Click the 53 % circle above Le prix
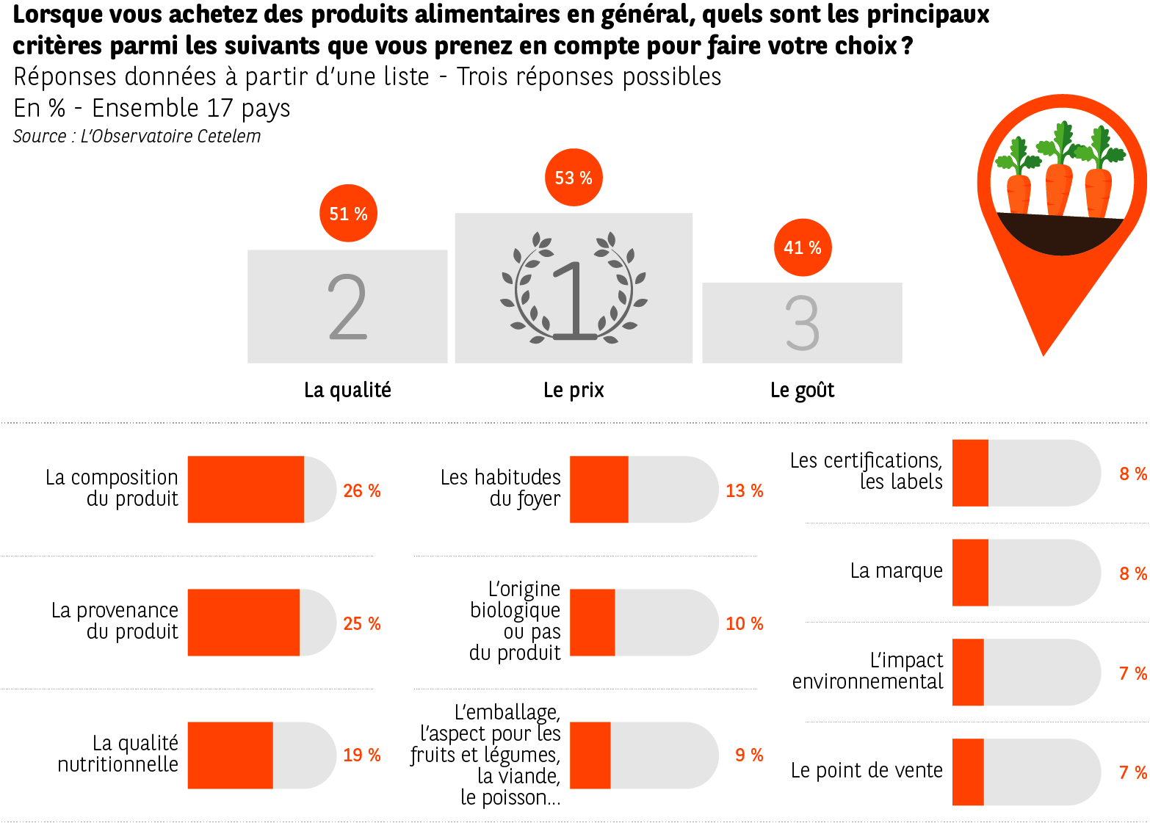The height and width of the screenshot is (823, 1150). click(574, 178)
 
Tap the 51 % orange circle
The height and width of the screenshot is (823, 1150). click(348, 214)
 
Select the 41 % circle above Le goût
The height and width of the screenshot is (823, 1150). click(802, 247)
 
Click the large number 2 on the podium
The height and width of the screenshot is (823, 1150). click(347, 307)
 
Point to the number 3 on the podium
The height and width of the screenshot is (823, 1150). click(802, 323)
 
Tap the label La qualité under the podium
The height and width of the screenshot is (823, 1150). click(347, 390)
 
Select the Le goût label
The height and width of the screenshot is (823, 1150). click(802, 390)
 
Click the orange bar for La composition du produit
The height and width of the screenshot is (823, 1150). click(245, 489)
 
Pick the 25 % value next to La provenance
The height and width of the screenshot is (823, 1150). click(361, 623)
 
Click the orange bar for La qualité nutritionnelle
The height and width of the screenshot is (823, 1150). click(230, 755)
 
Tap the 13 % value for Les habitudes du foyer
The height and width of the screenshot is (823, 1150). click(744, 490)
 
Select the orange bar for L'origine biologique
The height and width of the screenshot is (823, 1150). click(592, 622)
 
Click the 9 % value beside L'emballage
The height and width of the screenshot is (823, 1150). click(748, 755)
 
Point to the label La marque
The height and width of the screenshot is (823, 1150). click(896, 570)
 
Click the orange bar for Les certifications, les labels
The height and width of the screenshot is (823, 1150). click(969, 473)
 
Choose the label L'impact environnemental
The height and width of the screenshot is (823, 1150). click(867, 671)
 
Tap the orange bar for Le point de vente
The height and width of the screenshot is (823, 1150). click(967, 772)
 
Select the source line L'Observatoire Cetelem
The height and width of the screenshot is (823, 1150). click(137, 137)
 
